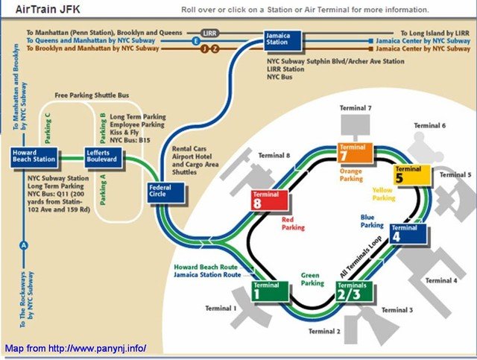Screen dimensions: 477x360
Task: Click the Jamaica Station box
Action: [x=282, y=40]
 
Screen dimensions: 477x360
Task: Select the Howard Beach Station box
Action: [x=34, y=157]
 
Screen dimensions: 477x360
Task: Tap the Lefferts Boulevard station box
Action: [x=103, y=157]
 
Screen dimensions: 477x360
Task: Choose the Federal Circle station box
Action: [x=166, y=192]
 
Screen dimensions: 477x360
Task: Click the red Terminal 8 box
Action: [x=270, y=200]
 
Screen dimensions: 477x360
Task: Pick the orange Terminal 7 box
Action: [x=356, y=153]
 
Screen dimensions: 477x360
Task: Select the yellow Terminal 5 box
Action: [x=412, y=175]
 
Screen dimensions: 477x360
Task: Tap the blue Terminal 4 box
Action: [x=408, y=233]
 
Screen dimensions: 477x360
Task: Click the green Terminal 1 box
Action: [x=270, y=291]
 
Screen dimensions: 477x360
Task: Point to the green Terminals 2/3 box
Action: [x=355, y=291]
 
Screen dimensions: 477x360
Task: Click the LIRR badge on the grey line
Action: [x=209, y=33]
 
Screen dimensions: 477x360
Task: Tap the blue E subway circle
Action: [x=196, y=41]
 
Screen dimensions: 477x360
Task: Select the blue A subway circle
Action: [x=23, y=245]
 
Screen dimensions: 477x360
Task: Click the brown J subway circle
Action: [x=204, y=48]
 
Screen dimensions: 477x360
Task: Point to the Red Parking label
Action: [x=293, y=224]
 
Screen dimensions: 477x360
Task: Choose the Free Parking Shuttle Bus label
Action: [x=92, y=95]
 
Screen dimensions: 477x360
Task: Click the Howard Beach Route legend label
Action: [x=206, y=267]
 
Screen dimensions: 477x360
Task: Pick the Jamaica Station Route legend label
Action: [x=207, y=275]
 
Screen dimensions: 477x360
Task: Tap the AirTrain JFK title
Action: [x=48, y=10]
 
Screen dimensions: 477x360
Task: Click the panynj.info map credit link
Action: [x=76, y=348]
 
